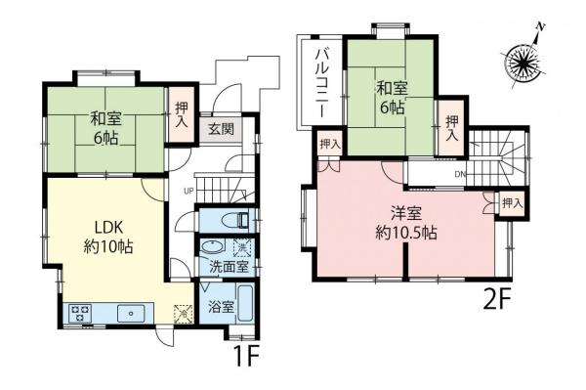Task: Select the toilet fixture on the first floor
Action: point(228,219)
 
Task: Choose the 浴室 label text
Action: point(221,306)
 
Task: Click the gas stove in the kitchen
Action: point(79,313)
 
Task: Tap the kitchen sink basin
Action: point(129,313)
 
